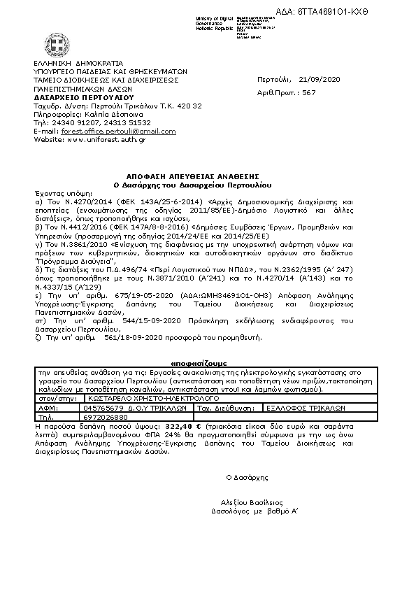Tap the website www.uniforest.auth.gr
coord(107,139)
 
